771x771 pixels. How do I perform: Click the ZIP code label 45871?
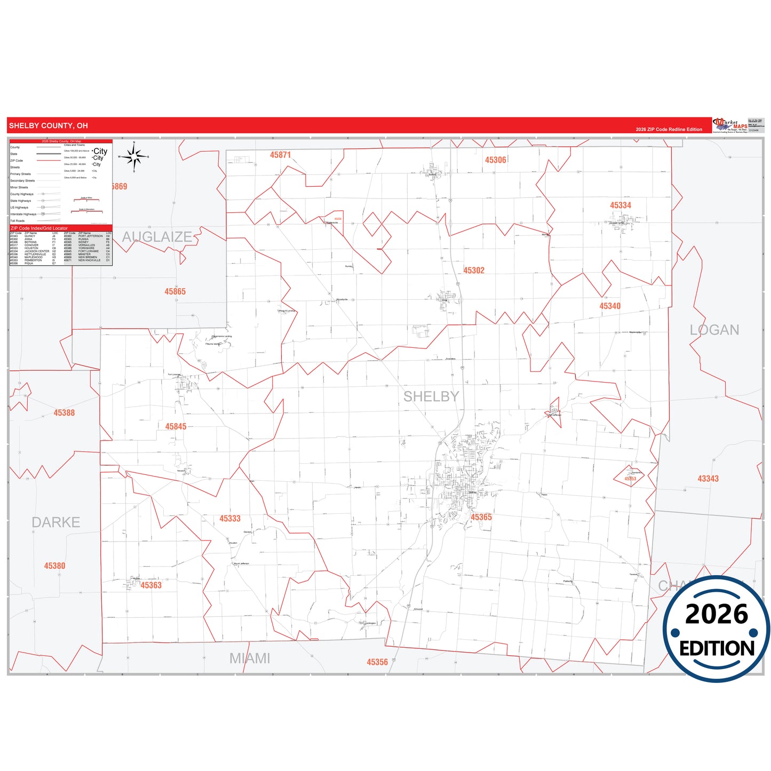tap(280, 155)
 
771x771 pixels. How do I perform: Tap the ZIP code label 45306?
tap(495, 160)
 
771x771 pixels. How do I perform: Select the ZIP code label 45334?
tap(621, 205)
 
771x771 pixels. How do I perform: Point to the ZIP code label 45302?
tap(474, 271)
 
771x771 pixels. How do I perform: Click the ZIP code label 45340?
tap(610, 306)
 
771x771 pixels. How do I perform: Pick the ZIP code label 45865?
tap(175, 291)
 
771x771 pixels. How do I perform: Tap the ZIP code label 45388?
tap(64, 413)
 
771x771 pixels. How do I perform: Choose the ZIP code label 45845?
tap(176, 426)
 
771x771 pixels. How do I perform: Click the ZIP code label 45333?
tap(230, 519)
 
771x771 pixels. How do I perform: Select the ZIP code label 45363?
tap(151, 585)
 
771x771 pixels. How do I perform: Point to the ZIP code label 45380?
tap(54, 566)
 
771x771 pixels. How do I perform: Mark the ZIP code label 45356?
tap(377, 662)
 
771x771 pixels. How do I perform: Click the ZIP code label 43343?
tap(708, 479)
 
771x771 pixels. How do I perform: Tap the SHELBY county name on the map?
tap(431, 396)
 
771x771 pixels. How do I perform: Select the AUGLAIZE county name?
tap(157, 237)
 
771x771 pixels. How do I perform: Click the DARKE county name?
tap(56, 522)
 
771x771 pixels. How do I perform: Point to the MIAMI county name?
tap(250, 658)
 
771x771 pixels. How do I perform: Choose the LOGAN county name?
tap(714, 330)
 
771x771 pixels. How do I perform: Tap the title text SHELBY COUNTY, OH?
tap(49, 126)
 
